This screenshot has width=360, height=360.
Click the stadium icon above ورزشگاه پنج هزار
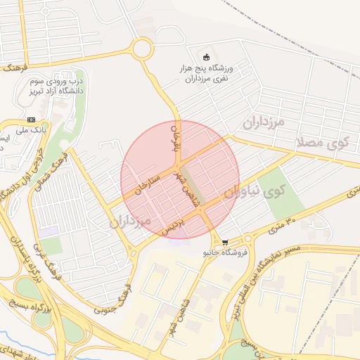click(206, 57)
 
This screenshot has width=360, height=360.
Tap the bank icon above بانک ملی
click(31, 120)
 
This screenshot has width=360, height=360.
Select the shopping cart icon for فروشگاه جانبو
click(224, 241)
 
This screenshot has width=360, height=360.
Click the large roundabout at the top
click(141, 49)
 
